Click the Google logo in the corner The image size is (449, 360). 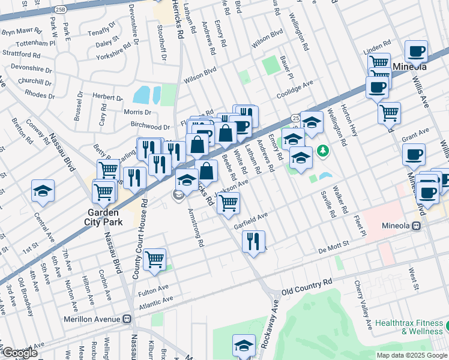pyautogui.click(x=20, y=353)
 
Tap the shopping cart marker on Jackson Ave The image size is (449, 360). pyautogui.click(x=229, y=203)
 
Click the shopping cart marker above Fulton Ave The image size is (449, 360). pyautogui.click(x=155, y=259)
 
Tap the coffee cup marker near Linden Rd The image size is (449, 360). pyautogui.click(x=416, y=52)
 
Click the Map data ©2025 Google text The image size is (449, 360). pyautogui.click(x=411, y=355)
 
